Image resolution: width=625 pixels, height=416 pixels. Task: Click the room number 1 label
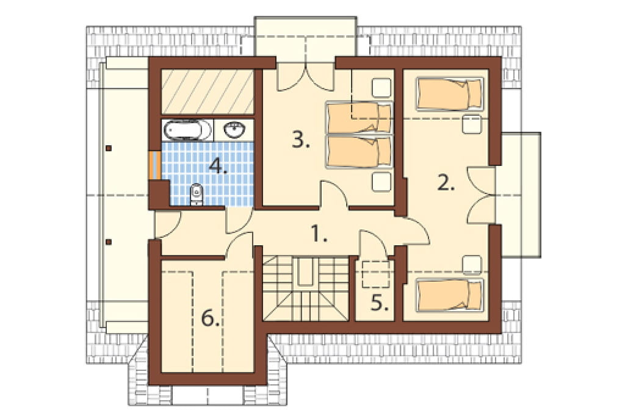pyautogui.click(x=319, y=234)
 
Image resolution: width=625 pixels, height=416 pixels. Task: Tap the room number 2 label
pyautogui.click(x=446, y=183)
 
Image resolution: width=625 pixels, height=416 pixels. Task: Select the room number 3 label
pyautogui.click(x=300, y=140)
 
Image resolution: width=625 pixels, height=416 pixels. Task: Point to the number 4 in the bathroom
pyautogui.click(x=219, y=165)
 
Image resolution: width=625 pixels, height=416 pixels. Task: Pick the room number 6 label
pyautogui.click(x=210, y=318)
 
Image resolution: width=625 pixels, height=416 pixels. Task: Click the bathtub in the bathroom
pyautogui.click(x=187, y=130)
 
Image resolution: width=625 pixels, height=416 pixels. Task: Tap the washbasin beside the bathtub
pyautogui.click(x=234, y=129)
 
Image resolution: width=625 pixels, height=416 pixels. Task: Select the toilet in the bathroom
pyautogui.click(x=197, y=194)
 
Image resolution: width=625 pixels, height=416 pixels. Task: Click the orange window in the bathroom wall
pyautogui.click(x=154, y=165)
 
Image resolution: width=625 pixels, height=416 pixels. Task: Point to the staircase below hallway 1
pyautogui.click(x=306, y=288)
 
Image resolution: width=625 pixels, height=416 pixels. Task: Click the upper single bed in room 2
pyautogui.click(x=449, y=94)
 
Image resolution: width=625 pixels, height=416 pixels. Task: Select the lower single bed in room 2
pyautogui.click(x=449, y=295)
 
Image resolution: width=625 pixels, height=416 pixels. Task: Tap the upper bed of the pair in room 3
pyautogui.click(x=358, y=118)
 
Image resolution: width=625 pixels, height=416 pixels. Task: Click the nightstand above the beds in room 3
pyautogui.click(x=381, y=87)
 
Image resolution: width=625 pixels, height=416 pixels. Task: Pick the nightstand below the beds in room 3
pyautogui.click(x=381, y=182)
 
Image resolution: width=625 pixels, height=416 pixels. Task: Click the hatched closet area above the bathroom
pyautogui.click(x=208, y=92)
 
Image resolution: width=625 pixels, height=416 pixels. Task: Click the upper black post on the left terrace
pyautogui.click(x=109, y=148)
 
